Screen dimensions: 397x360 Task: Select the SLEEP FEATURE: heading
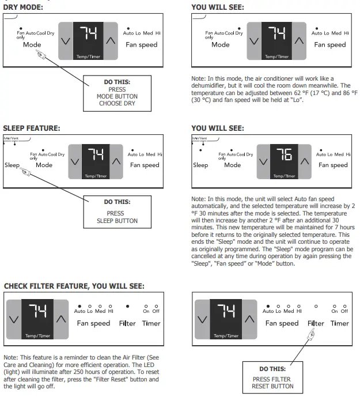32,127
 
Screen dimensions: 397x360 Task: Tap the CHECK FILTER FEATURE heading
74,286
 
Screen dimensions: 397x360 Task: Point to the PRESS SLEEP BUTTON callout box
118,213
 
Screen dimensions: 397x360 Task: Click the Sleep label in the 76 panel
200,165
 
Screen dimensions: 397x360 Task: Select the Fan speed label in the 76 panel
332,165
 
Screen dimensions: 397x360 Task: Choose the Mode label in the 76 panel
233,165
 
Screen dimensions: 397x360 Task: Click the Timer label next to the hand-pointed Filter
340,323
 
